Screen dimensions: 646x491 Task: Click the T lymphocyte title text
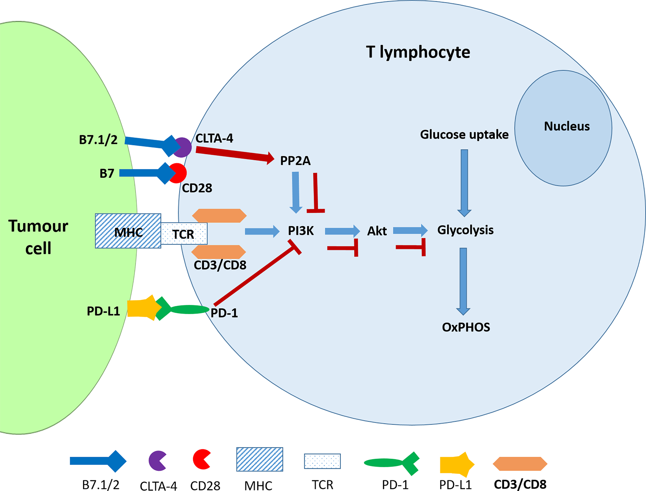(418, 52)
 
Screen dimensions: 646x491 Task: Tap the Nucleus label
(567, 126)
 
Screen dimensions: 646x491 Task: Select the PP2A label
(295, 161)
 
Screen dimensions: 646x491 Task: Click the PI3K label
(301, 231)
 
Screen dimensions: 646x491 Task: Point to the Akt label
(377, 231)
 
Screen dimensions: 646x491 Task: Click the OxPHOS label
(466, 327)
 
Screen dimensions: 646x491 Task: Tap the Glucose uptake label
(464, 134)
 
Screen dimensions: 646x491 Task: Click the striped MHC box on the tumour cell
(128, 231)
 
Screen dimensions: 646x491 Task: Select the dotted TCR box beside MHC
(184, 233)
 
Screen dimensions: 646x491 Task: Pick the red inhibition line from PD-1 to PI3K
(257, 272)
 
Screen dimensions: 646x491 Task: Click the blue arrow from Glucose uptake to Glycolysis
(464, 183)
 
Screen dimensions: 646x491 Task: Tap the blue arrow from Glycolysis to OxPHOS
(463, 282)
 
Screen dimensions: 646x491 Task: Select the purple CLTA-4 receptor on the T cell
(182, 147)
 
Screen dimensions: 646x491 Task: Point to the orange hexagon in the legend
(520, 464)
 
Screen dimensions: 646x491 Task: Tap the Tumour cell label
(38, 237)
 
